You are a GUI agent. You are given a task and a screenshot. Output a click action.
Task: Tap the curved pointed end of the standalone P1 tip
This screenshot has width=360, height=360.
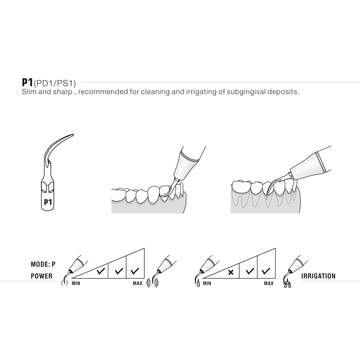(71, 134)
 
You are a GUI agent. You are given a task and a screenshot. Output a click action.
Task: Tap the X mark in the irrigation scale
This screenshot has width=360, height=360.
(231, 272)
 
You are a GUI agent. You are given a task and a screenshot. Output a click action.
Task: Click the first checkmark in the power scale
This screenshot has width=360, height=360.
(101, 272)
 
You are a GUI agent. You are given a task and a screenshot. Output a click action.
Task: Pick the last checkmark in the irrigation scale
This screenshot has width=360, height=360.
(265, 272)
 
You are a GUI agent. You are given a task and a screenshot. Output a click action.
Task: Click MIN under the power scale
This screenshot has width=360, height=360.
(76, 283)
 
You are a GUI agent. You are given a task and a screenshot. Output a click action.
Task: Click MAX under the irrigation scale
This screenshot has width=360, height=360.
(269, 283)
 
